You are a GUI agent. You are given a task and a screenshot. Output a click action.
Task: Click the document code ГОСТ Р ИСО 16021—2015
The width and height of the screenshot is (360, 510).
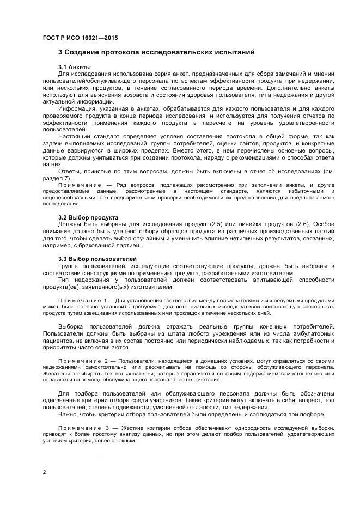click(80, 38)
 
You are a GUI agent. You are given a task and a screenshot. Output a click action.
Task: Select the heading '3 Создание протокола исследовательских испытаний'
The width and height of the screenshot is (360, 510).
click(157, 52)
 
